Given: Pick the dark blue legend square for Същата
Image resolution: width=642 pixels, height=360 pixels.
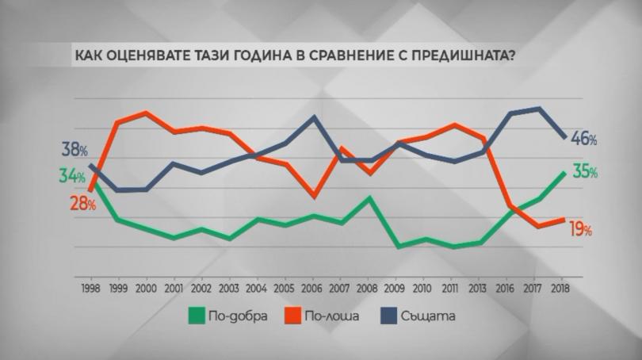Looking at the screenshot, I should [389, 316].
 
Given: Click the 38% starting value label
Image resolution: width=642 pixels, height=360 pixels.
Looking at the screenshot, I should [73, 150].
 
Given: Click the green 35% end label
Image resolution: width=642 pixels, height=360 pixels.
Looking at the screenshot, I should [584, 172].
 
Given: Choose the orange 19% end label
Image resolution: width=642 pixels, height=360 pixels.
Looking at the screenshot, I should [581, 230].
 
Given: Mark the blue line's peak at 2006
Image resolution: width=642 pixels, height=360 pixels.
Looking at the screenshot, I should [315, 117].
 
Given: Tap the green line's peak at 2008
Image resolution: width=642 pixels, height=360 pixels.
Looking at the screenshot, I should [370, 197].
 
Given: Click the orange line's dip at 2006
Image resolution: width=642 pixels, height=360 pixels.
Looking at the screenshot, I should [315, 196].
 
